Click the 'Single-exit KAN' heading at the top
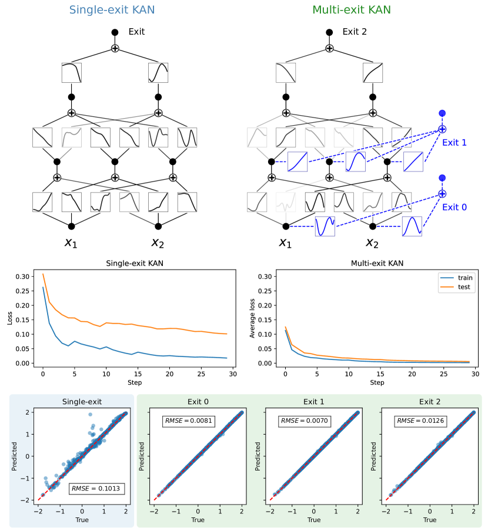tap(112, 10)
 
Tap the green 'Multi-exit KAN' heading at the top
tap(352, 10)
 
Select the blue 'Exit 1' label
tap(454, 142)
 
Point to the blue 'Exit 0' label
tap(454, 207)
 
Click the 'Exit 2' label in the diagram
tap(355, 32)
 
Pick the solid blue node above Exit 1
tap(442, 113)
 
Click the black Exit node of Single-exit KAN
tap(115, 32)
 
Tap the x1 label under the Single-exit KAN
tap(71, 243)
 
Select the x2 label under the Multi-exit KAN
tap(372, 243)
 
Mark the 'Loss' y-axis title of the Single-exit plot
tap(9, 319)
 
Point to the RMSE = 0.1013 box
tap(97, 488)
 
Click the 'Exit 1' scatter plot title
tap(314, 402)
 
